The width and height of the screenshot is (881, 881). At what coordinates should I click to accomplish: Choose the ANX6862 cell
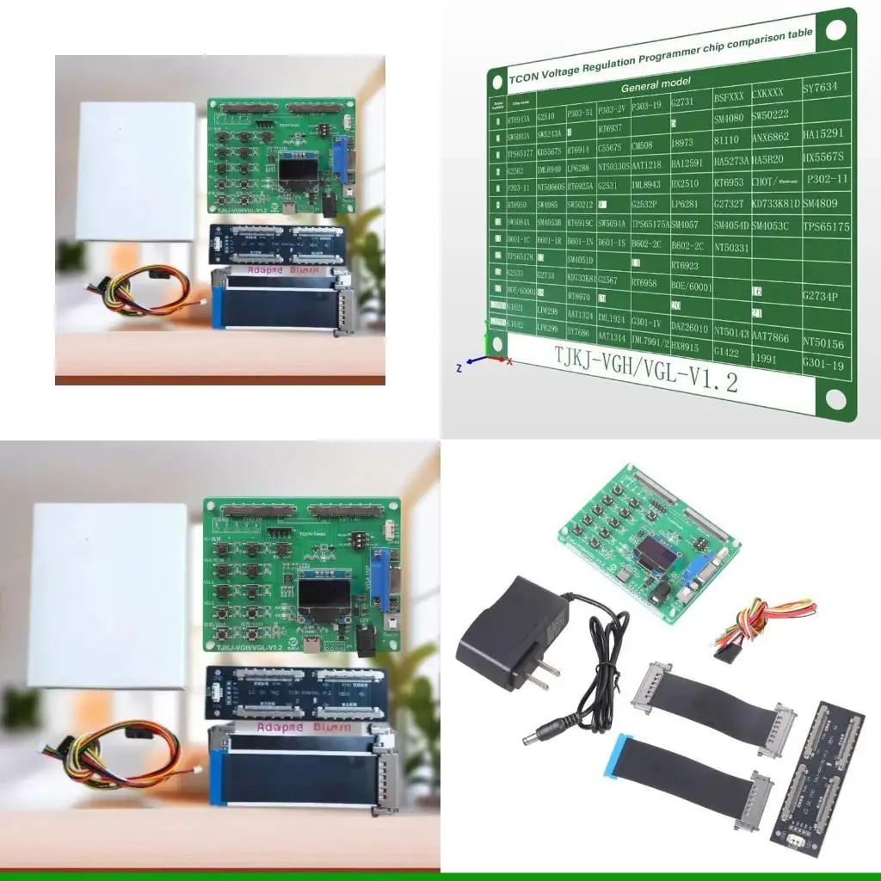(x=770, y=136)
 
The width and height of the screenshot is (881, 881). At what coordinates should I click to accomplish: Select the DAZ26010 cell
(x=689, y=329)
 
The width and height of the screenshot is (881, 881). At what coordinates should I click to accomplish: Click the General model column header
(x=656, y=85)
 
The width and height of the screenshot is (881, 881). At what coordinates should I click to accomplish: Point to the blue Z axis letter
(x=459, y=367)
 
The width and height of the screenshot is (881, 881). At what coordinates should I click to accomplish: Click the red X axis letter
(x=509, y=361)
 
